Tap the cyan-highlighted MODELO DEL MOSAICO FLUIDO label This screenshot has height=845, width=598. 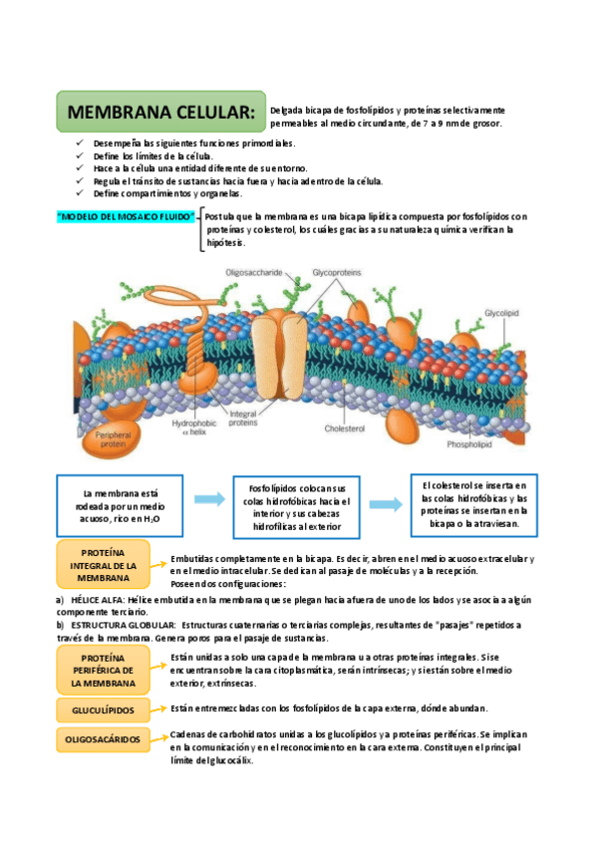[125, 216]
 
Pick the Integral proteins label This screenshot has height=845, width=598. [242, 419]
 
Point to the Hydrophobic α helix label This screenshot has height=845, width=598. [192, 426]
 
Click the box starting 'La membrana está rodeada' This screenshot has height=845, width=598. [121, 506]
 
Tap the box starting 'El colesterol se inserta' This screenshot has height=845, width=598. [473, 503]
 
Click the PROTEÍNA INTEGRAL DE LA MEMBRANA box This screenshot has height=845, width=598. [103, 565]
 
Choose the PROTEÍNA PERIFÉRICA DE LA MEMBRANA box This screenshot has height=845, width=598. [103, 671]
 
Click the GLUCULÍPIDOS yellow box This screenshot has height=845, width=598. [103, 709]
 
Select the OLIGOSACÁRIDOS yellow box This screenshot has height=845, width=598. [103, 740]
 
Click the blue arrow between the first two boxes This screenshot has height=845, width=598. [208, 499]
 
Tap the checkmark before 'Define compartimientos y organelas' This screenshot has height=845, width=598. [81, 193]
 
